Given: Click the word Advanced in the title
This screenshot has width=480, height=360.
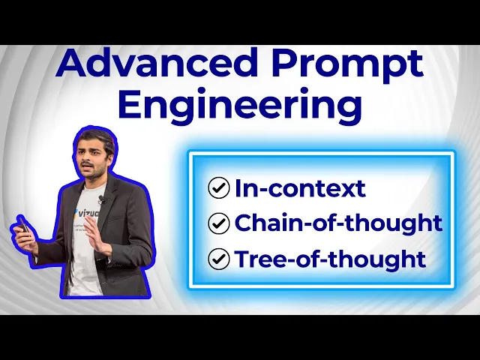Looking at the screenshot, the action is point(157,63).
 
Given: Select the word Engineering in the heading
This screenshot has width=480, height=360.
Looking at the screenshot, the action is point(240,105).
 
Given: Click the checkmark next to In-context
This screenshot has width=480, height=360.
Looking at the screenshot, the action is point(218,187).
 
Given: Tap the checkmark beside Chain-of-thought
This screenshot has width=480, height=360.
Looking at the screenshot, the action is point(218,223).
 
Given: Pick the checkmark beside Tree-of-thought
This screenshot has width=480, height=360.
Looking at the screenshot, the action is point(218,259).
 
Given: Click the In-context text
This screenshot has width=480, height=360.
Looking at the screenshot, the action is point(300,187).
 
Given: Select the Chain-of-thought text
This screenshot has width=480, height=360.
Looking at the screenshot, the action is point(338,223).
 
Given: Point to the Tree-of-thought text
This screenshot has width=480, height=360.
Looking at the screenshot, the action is point(330,259).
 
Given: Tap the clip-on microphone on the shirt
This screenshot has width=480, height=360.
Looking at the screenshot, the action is point(102,200).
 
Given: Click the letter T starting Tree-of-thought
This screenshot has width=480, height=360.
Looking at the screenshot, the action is point(243,259).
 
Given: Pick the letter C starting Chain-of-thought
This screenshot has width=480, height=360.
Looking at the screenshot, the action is point(244,223).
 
